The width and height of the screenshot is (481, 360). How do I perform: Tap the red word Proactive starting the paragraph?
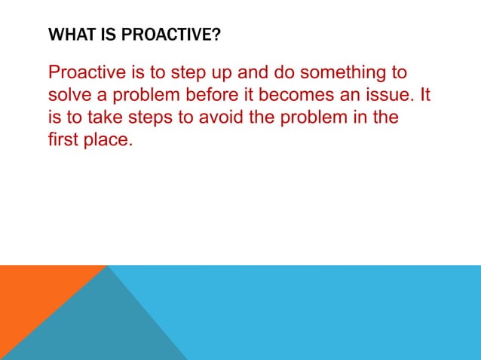click(87, 74)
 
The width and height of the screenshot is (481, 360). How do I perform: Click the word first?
click(62, 141)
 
